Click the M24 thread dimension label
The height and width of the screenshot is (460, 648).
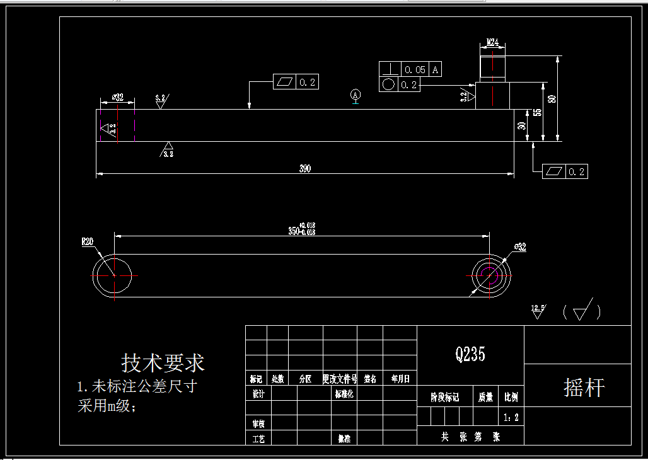(x=492, y=43)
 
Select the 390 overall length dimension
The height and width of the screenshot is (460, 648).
(x=304, y=169)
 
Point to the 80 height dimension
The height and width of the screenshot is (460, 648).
(x=552, y=99)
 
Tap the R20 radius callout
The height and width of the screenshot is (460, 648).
(x=87, y=241)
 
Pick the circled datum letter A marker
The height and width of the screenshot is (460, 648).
(x=356, y=95)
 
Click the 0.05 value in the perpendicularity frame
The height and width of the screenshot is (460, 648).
(x=415, y=69)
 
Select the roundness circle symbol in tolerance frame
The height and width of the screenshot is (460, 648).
(x=388, y=84)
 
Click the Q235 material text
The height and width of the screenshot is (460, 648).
(x=470, y=354)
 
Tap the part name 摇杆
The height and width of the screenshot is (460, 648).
(x=583, y=388)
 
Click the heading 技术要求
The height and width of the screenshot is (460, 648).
(x=163, y=363)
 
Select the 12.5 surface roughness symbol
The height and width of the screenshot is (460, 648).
(x=538, y=311)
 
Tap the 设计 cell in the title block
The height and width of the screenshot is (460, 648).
(x=258, y=393)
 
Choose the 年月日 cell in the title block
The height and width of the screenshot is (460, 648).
(x=400, y=379)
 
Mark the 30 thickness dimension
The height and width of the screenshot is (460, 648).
(x=522, y=125)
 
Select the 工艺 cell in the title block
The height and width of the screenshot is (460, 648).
(x=258, y=438)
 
